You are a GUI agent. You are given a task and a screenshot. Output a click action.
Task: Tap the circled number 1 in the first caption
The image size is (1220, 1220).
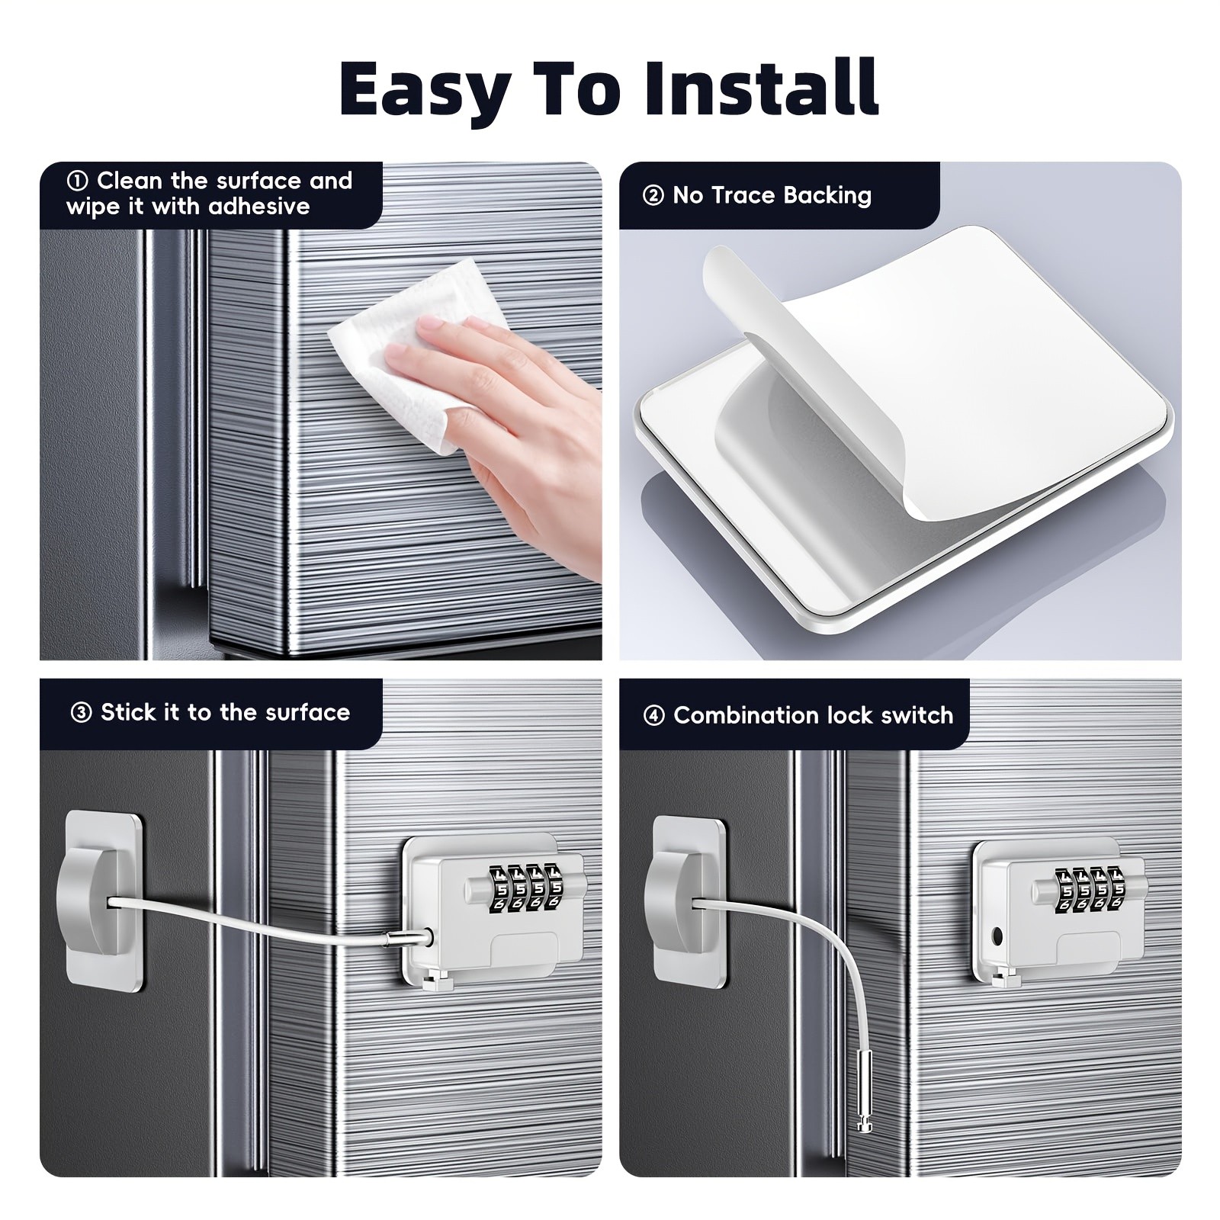(77, 181)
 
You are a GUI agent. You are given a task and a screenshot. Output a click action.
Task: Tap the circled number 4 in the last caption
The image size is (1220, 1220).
(653, 716)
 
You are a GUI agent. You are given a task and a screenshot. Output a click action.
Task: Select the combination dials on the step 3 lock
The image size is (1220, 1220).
(525, 888)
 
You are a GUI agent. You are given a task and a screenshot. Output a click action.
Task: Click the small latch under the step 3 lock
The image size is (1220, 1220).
(436, 980)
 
